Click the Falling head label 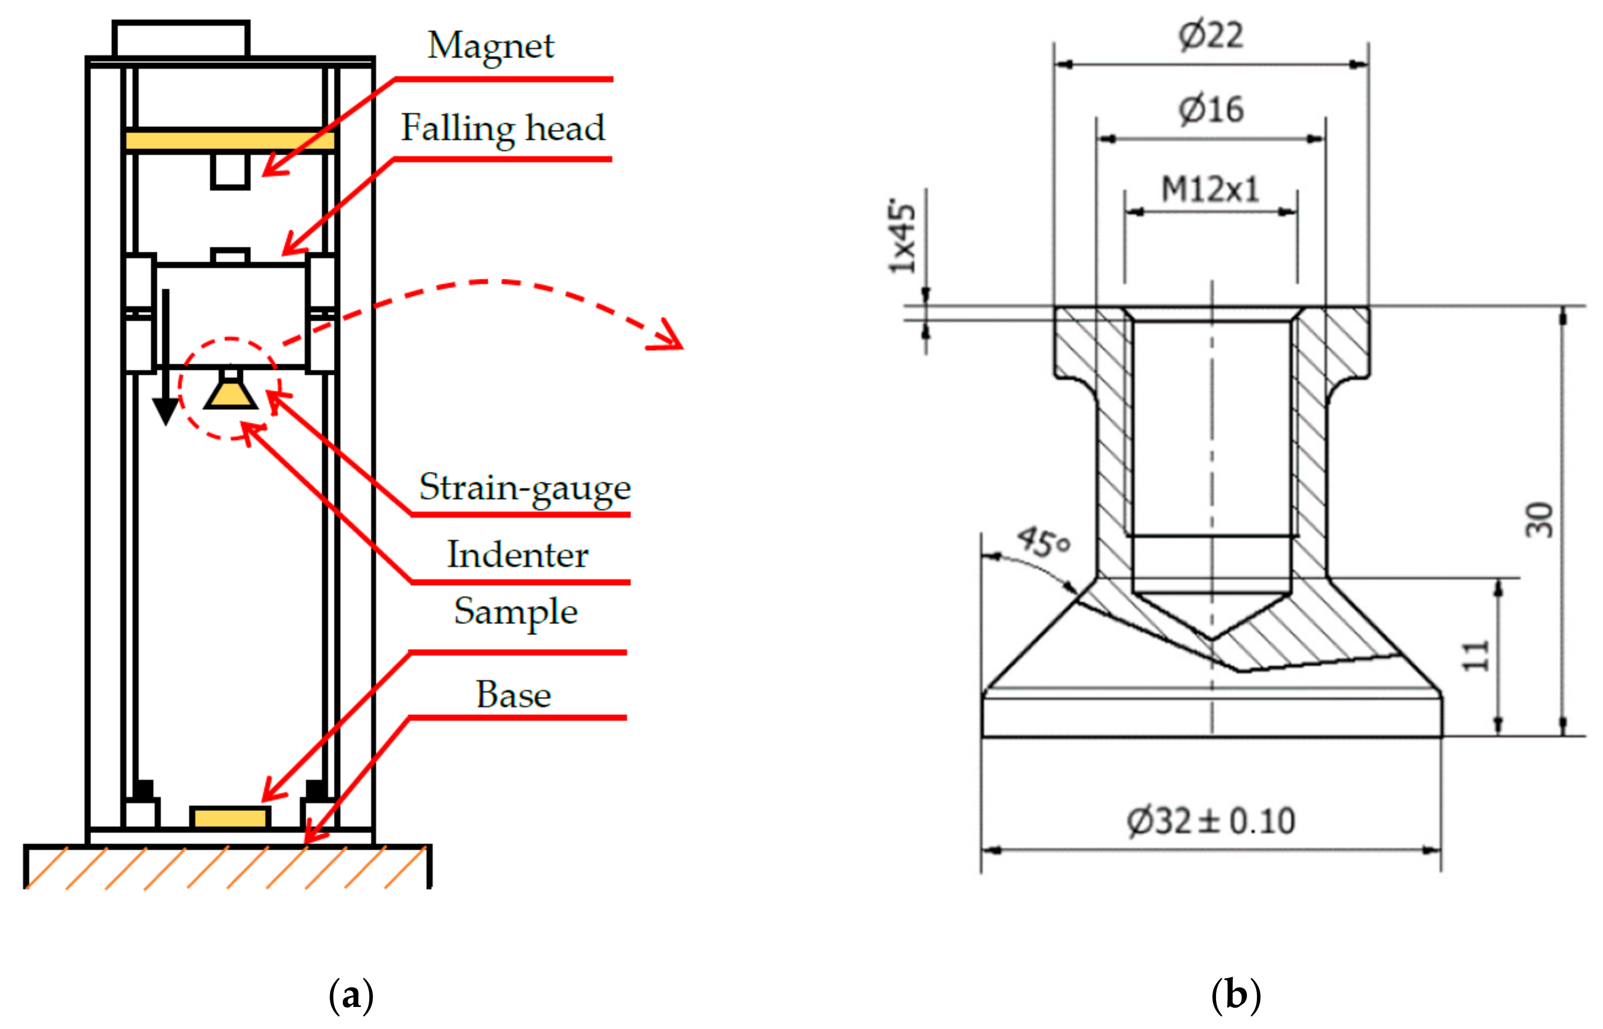click(502, 128)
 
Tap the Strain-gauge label click(524, 488)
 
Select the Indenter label click(518, 555)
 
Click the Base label click(513, 695)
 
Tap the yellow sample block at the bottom click(230, 817)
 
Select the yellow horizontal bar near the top click(230, 141)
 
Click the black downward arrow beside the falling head click(165, 361)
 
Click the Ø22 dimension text click(1211, 35)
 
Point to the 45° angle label click(1043, 542)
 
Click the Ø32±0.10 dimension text click(1211, 820)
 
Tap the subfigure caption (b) click(1235, 995)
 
